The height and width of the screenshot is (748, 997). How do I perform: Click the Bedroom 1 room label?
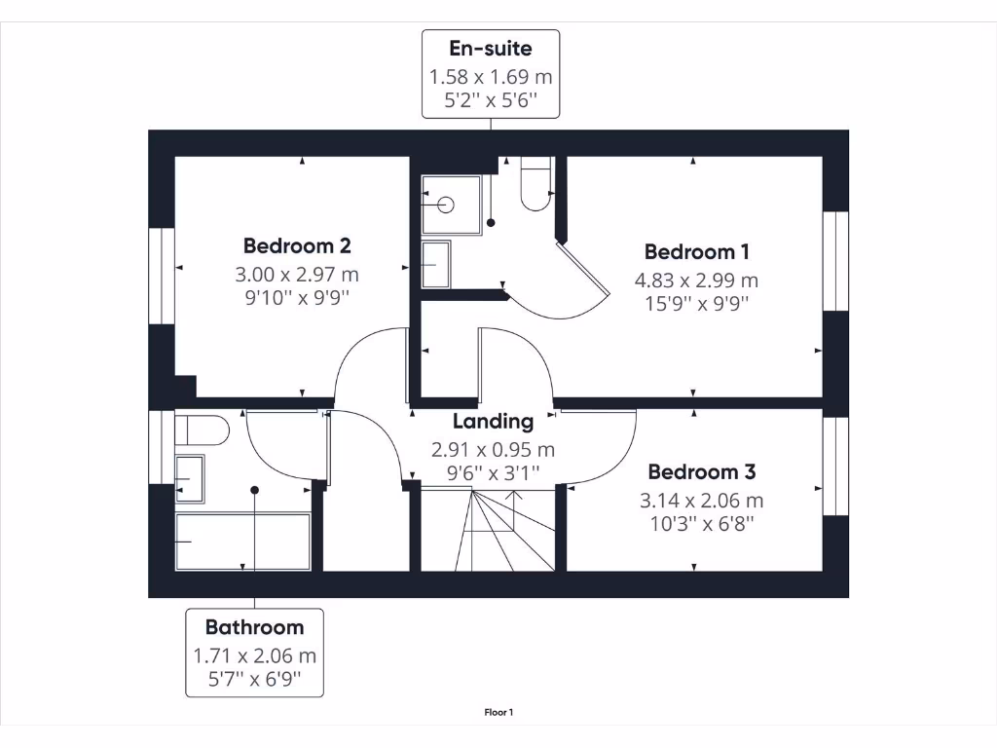tap(696, 251)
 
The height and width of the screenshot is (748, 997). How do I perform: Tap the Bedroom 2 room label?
tap(296, 245)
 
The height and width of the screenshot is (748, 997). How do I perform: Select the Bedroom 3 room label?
tap(701, 472)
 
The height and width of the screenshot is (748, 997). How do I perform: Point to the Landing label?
tap(493, 422)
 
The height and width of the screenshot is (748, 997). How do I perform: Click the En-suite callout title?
tap(491, 47)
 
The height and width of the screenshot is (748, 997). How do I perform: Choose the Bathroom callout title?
tap(254, 627)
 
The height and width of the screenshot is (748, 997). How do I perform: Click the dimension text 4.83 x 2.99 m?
tap(696, 280)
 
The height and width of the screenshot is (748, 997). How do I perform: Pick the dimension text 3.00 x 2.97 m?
tap(296, 274)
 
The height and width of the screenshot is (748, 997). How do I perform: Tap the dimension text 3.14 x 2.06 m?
tap(701, 501)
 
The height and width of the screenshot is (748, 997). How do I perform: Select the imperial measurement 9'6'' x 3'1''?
tap(493, 472)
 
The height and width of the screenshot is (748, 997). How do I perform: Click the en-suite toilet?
tap(535, 185)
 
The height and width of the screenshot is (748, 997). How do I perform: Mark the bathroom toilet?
tap(203, 430)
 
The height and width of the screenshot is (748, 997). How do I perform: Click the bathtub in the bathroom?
tap(243, 542)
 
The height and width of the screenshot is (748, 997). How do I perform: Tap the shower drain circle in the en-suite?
tap(446, 205)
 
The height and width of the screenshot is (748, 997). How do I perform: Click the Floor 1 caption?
tap(498, 713)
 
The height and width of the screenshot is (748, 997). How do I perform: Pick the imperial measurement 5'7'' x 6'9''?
tap(254, 681)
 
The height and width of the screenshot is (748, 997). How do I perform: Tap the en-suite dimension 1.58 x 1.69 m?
tap(491, 76)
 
